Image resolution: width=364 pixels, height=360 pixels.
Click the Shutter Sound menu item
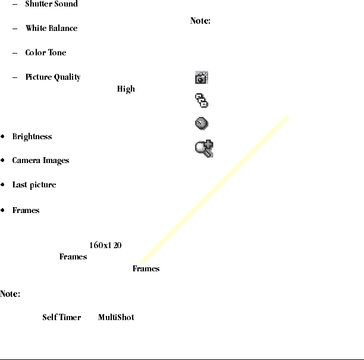51,4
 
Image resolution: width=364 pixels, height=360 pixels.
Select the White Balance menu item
51,29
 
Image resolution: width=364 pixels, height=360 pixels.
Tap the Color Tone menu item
46,53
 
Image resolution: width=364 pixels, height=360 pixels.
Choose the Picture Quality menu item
53,77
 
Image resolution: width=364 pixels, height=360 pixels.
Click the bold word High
125,89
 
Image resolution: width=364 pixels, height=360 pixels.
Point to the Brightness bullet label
32,137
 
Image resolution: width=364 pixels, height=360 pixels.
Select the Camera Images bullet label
40,161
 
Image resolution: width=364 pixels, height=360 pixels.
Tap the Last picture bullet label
34,185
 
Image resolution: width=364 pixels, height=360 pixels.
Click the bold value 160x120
105,246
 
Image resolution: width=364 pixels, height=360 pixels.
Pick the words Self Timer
61,317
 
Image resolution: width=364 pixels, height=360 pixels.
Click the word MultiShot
115,317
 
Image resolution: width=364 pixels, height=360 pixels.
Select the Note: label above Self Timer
10,294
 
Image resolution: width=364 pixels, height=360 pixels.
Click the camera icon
202,78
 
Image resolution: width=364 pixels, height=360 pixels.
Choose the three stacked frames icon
202,101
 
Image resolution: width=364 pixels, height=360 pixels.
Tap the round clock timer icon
202,124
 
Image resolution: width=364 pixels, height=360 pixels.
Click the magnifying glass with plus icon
205,148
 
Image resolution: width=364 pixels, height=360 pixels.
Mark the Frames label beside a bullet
26,211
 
